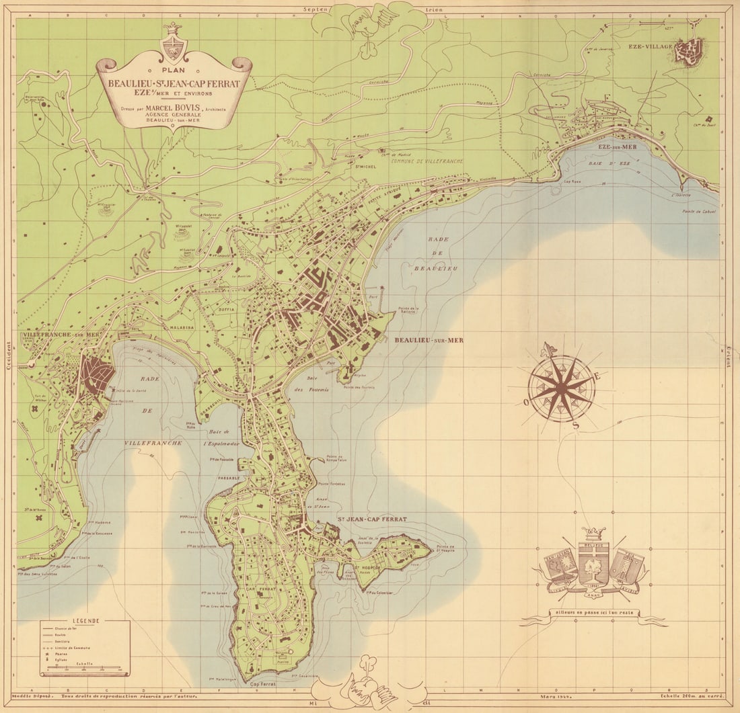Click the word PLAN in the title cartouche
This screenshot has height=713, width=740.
click(x=174, y=69)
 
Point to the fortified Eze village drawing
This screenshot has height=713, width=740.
click(x=689, y=48)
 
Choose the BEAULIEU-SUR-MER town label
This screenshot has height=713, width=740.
click(x=429, y=340)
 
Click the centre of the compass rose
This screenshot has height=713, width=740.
click(x=560, y=388)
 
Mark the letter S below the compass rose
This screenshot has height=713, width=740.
click(x=574, y=425)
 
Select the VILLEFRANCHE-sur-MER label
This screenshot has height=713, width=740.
click(x=61, y=334)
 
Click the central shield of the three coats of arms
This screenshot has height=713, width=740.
click(x=593, y=563)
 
